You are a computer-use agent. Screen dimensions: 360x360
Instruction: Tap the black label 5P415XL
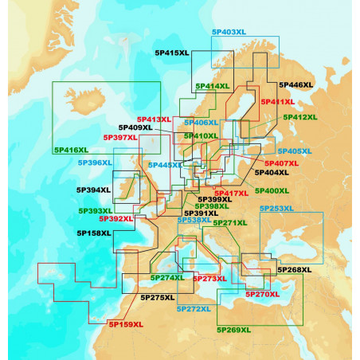pos(171,53)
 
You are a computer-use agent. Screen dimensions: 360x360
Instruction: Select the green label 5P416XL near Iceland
pos(71,150)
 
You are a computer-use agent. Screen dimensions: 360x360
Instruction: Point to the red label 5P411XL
pos(277,102)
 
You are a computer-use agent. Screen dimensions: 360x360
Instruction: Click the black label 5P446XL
pos(295,84)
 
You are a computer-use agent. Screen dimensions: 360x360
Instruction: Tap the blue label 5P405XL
pos(294,151)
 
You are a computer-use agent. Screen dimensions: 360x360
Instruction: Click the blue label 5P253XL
pos(276,208)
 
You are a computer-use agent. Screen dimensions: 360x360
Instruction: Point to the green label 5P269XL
pos(233,328)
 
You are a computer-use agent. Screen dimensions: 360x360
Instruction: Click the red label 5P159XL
pos(126,324)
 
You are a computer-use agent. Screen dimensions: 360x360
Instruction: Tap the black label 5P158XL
pos(94,233)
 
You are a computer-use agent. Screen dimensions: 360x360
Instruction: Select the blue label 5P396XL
pos(95,162)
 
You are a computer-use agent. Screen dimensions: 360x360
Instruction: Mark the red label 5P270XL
pos(263,294)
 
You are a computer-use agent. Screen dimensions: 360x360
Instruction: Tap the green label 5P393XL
pos(95,211)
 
